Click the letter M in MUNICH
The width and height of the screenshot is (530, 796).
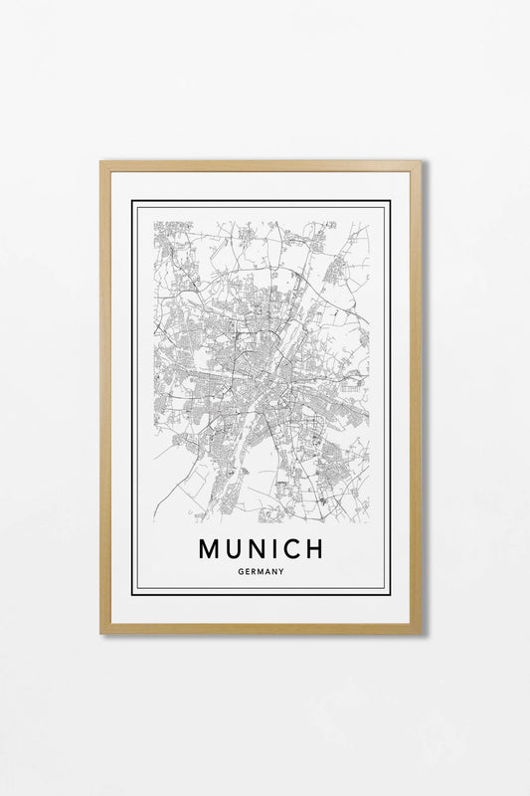(x=211, y=548)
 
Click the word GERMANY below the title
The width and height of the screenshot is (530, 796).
(x=262, y=571)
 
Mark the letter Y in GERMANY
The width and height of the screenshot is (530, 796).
(x=282, y=571)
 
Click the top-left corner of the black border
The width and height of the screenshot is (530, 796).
(x=133, y=202)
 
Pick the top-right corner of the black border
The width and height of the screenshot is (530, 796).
(x=390, y=202)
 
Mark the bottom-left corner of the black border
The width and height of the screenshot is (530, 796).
(x=133, y=594)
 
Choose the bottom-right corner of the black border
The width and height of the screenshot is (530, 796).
(x=390, y=594)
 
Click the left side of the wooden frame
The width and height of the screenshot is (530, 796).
(x=104, y=398)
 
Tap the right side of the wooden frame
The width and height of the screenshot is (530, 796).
(x=417, y=398)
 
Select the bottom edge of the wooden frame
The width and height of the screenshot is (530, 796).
(x=262, y=628)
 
